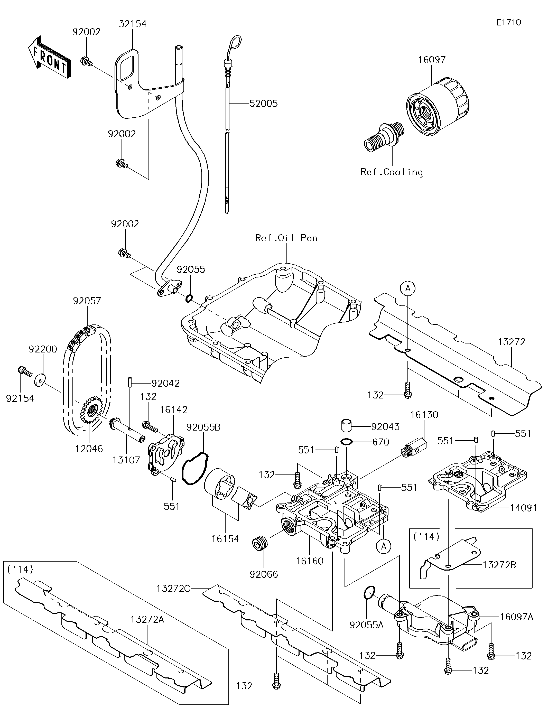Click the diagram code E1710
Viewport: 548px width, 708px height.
[x=508, y=22]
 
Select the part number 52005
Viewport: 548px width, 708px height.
[x=263, y=104]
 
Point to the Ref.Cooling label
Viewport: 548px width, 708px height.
[x=392, y=172]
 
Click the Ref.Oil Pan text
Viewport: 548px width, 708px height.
[x=286, y=238]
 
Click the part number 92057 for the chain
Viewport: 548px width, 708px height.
[x=87, y=301]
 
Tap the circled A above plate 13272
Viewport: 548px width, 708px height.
[x=408, y=288]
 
